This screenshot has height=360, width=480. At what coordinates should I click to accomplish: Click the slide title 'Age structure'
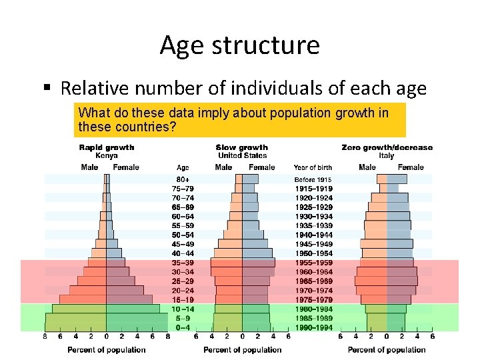(239, 45)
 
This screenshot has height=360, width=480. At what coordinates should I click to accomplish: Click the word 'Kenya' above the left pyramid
(107, 155)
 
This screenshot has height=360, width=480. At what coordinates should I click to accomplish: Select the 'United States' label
(242, 155)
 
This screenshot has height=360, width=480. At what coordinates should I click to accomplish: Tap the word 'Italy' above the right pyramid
(386, 155)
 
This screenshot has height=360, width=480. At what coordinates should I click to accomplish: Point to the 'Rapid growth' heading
(107, 147)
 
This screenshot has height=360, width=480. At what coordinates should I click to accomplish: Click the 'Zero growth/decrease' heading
(386, 147)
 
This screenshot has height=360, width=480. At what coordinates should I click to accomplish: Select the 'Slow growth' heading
(242, 147)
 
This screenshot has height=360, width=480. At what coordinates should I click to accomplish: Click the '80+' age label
(182, 179)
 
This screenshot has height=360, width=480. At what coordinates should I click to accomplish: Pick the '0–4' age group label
(182, 327)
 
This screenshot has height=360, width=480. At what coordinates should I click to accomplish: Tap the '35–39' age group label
(182, 263)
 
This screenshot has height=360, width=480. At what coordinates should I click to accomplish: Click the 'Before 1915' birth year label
(313, 179)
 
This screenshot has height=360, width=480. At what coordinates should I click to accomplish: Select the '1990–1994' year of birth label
(313, 327)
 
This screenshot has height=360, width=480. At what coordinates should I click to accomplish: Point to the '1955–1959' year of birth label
(313, 263)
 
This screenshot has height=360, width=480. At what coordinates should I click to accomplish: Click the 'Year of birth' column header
(313, 167)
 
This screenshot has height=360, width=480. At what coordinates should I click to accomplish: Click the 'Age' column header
(182, 167)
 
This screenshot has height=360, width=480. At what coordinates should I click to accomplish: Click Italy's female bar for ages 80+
(397, 179)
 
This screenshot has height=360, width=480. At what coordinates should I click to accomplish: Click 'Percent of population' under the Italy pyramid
(386, 349)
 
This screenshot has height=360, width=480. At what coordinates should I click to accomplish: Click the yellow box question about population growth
(240, 119)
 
